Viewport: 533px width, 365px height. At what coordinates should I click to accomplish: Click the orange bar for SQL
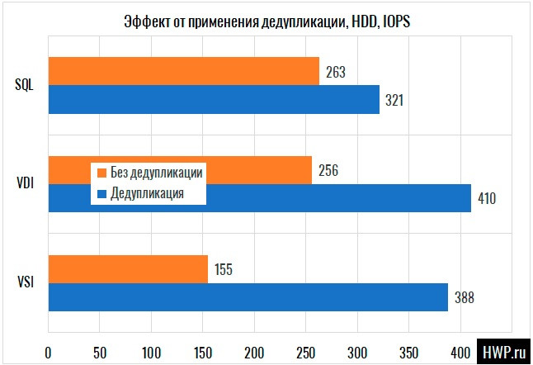(x=183, y=71)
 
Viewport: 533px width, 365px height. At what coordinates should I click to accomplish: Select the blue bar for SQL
(x=214, y=99)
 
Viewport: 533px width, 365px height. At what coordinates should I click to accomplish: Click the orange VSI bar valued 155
(x=128, y=269)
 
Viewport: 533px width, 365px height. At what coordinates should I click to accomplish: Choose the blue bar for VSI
(x=248, y=297)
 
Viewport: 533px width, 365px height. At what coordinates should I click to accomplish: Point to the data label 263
(x=335, y=72)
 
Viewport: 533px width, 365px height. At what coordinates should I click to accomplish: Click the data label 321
(x=395, y=100)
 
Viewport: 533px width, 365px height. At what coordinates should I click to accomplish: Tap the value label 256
(x=328, y=171)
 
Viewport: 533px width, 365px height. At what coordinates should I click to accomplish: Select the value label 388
(x=464, y=297)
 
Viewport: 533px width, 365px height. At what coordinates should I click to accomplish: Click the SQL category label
(x=24, y=85)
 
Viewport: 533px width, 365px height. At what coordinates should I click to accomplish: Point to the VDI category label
(x=25, y=184)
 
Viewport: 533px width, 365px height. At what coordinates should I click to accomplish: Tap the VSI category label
(x=25, y=283)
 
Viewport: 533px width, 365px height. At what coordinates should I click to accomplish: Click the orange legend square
(x=102, y=173)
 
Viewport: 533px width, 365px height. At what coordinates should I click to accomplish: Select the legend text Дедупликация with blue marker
(x=146, y=194)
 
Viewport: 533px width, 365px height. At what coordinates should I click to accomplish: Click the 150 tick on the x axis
(x=203, y=352)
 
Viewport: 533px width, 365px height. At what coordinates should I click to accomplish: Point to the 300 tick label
(x=357, y=352)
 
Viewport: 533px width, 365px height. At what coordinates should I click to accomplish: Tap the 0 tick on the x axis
(x=49, y=352)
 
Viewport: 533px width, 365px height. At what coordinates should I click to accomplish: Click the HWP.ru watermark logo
(x=502, y=351)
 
